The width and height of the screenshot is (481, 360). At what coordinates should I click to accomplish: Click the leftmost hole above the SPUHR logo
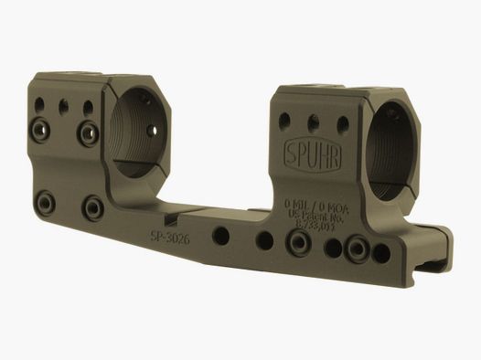point(283,119)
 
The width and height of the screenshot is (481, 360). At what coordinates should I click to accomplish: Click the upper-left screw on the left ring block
point(42,123)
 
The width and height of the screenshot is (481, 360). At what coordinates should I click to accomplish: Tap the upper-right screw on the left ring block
point(90,135)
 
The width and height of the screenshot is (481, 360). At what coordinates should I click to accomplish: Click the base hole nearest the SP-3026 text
point(220,235)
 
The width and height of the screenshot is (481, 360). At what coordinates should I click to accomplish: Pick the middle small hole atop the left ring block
point(64,106)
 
